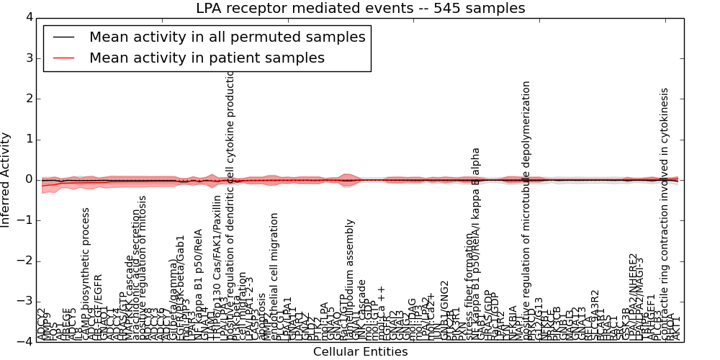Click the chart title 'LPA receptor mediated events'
[x=360, y=9]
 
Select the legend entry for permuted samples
[x=227, y=37]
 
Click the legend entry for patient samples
[x=207, y=58]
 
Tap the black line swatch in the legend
[x=63, y=37]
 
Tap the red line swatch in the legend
[x=63, y=58]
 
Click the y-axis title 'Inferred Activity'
[x=6, y=179]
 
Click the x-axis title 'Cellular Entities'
[x=360, y=352]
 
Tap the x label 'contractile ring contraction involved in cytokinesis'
[x=665, y=209]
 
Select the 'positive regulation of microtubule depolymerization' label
[x=527, y=209]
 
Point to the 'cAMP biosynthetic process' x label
[x=86, y=270]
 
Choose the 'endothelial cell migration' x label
[x=274, y=274]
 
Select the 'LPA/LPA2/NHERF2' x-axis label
[x=633, y=295]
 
